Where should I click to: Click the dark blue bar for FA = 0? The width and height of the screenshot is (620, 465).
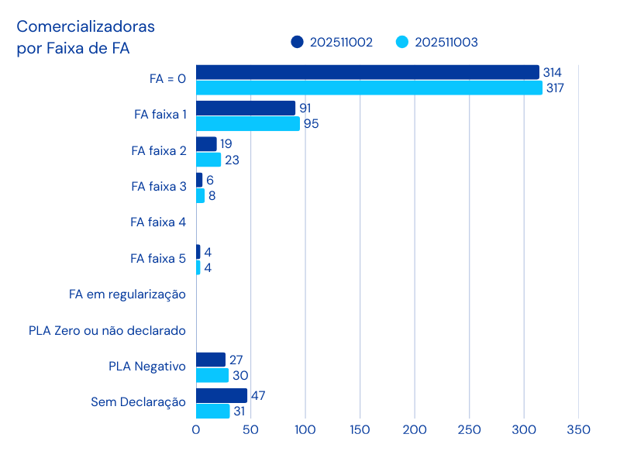point(367,72)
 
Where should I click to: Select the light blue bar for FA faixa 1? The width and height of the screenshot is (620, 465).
point(248,124)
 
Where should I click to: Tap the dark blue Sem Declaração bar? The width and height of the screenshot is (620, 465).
point(222,395)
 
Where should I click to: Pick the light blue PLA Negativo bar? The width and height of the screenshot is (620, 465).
point(212,375)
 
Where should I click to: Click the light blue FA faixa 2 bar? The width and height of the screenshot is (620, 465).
point(208,160)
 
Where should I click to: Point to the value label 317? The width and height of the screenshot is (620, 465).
point(554,88)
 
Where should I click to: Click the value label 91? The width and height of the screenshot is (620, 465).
point(305,108)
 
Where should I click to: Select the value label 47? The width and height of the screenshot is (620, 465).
point(258,395)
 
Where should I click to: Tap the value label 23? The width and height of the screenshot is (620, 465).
point(232,160)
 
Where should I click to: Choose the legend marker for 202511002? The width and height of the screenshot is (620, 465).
point(297,42)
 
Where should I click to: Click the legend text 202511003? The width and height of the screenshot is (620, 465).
point(446,42)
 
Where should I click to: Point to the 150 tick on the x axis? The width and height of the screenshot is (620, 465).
point(360,429)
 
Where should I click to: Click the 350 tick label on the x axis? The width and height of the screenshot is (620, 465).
point(578,429)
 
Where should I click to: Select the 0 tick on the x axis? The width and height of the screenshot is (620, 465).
point(196,429)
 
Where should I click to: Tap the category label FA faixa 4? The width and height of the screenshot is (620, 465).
point(158,222)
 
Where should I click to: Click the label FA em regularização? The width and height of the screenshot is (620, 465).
point(127,294)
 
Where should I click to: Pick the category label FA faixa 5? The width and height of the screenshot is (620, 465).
point(158,258)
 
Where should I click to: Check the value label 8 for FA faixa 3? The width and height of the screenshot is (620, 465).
point(212,196)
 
